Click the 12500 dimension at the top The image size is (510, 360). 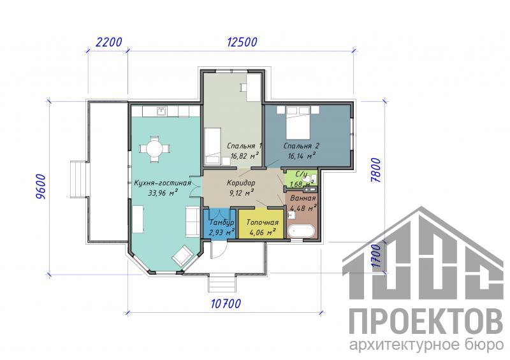242,42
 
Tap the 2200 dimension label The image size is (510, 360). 109,42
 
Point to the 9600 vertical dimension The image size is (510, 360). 41,187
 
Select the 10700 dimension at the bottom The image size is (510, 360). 226,303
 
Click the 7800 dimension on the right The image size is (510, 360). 375,170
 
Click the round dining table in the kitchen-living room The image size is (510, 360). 154,149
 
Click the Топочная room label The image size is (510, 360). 263,222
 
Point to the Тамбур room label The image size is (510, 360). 221,222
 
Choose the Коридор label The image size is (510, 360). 241,183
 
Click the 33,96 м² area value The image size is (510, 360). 163,192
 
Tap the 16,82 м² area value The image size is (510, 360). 245,155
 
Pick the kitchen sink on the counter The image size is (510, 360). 161,112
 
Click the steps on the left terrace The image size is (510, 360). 78,178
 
